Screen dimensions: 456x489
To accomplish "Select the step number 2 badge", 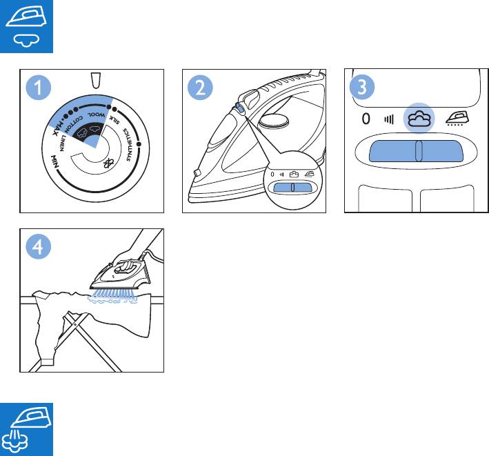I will [x=200, y=88].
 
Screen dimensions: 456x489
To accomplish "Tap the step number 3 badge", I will [x=361, y=88].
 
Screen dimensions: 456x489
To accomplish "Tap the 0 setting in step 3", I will [x=367, y=119].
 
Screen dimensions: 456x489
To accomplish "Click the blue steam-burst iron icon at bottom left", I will [x=25, y=429].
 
